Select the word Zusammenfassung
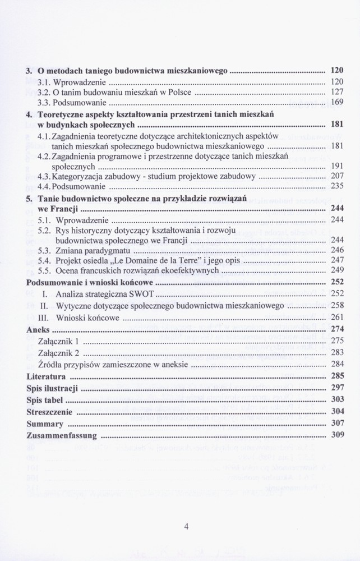click(62, 435)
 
